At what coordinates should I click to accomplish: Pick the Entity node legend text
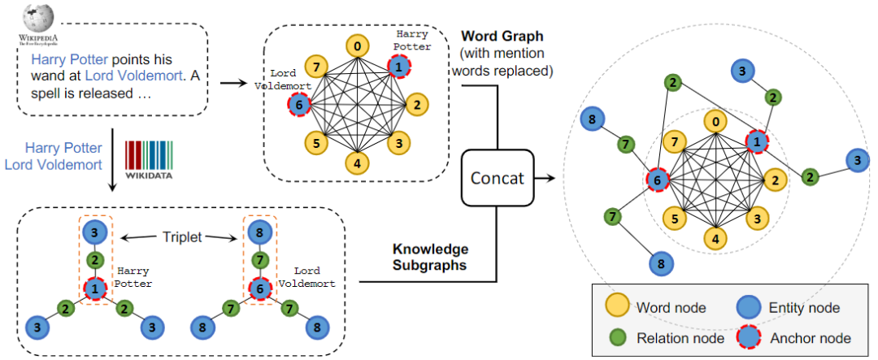coord(804,308)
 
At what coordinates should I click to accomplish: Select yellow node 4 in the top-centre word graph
coord(356,163)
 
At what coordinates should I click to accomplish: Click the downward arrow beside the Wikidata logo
coord(111,175)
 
